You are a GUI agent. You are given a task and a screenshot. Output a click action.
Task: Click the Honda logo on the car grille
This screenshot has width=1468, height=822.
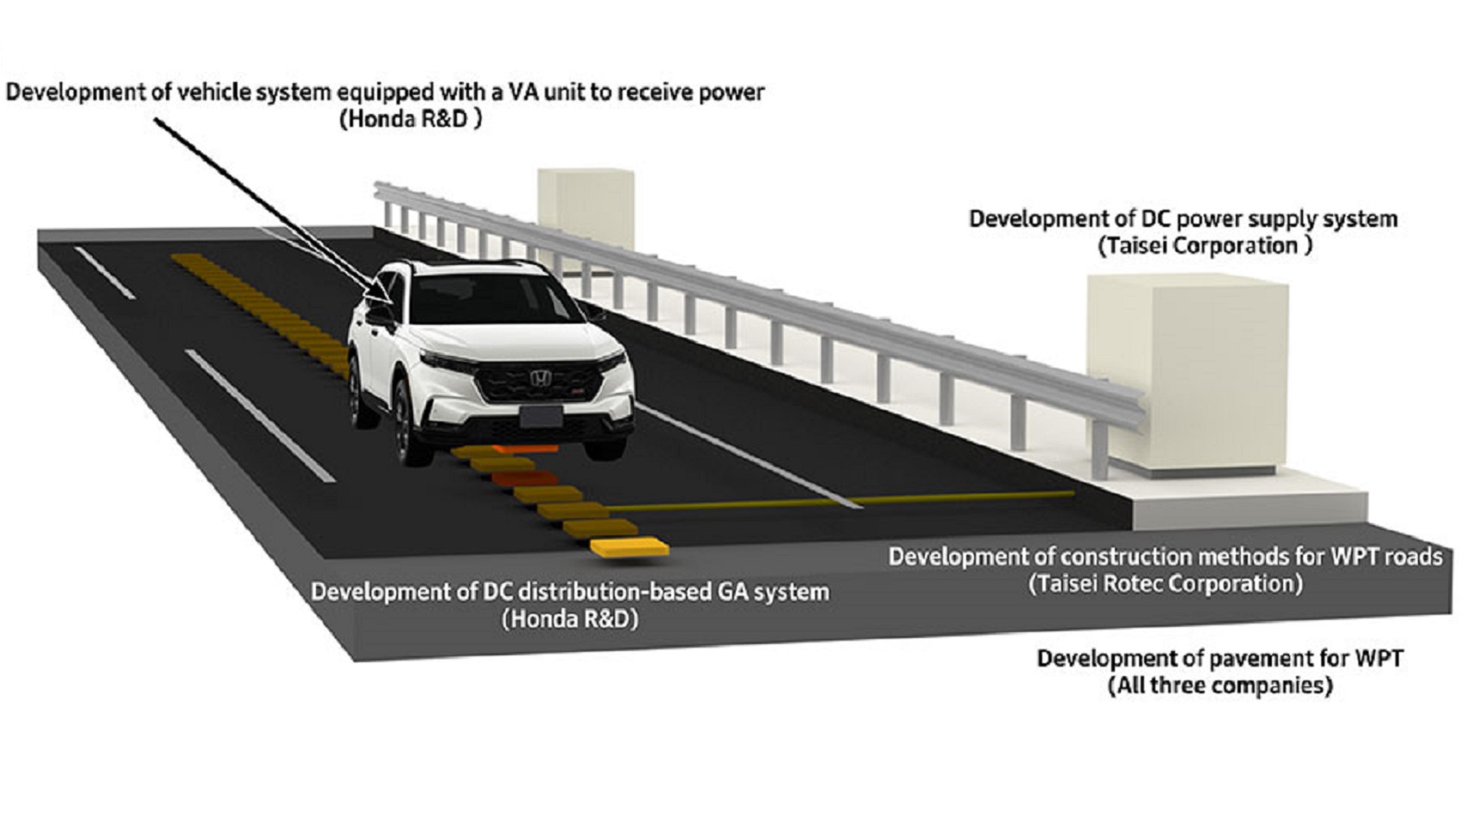(541, 378)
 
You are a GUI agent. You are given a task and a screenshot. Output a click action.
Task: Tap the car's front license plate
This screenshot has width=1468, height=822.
(541, 416)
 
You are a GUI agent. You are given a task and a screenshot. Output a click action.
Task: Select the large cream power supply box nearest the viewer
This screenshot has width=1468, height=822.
(1187, 375)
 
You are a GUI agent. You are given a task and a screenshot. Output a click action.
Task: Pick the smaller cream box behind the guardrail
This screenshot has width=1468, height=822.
(585, 211)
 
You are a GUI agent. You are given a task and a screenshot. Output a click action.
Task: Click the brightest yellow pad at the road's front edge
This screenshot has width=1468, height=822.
(630, 548)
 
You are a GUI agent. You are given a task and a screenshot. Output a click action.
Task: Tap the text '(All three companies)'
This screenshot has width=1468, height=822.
(1220, 686)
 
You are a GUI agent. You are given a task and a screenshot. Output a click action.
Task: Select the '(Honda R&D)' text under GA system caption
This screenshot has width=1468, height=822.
(570, 619)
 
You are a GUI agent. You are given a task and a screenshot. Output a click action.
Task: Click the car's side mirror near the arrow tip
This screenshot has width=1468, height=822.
(379, 314)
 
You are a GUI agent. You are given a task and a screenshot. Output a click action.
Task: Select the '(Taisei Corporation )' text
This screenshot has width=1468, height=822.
(1205, 246)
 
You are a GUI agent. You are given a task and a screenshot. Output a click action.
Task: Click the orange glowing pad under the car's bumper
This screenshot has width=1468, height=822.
(525, 448)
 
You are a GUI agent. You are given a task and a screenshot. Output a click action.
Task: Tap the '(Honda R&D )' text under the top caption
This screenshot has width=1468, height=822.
(411, 119)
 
